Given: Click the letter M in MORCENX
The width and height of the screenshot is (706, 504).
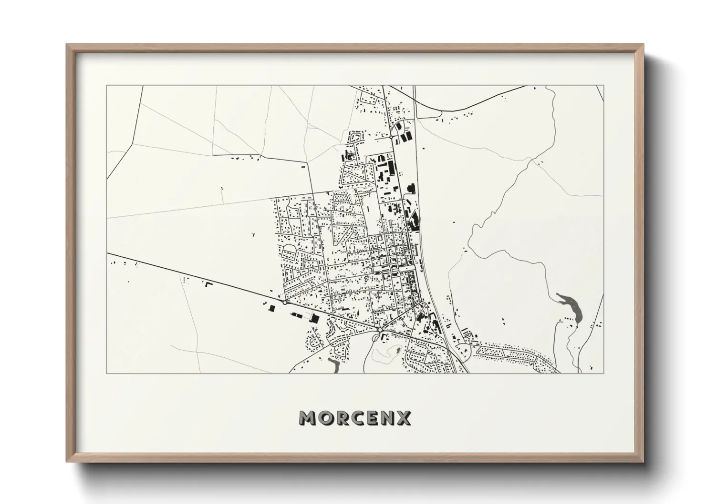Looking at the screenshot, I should tap(307, 418).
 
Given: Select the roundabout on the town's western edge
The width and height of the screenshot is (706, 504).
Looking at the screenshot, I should tap(285, 302).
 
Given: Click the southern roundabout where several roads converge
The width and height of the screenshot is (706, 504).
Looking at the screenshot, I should tap(380, 329).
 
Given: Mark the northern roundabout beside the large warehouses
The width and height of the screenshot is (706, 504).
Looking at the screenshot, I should tap(391, 137).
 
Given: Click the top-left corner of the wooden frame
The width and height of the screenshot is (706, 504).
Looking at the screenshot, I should tap(67, 44).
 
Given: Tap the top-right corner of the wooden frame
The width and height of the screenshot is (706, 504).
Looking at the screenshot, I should tap(644, 44).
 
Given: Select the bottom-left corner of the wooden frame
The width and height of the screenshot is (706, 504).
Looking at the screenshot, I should tap(67, 462).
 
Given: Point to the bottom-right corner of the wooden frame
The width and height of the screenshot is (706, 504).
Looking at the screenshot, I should tap(644, 462).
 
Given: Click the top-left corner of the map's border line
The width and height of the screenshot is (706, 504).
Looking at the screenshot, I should tap(106, 86).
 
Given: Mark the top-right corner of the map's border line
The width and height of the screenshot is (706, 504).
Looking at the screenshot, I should tap(604, 86).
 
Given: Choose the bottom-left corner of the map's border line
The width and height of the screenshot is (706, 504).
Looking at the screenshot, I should tap(106, 373).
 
